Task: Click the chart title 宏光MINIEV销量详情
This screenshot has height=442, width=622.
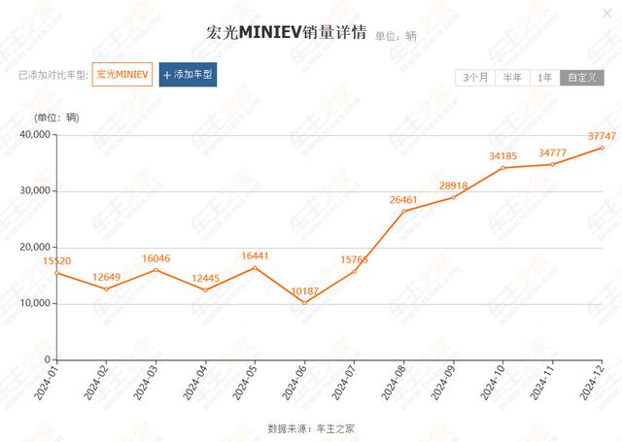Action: pos(288,34)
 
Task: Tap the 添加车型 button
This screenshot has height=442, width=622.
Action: pos(188,75)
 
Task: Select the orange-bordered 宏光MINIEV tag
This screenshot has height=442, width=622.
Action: pos(122,75)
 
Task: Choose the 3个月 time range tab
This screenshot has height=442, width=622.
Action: pos(475,78)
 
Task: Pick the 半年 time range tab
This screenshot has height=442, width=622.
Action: pos(512,78)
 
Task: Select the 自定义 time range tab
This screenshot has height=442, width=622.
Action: pos(581,78)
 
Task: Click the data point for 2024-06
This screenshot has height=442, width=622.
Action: pos(304,302)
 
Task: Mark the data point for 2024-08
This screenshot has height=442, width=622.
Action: pos(403,211)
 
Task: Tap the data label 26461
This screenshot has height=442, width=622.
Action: pos(404,200)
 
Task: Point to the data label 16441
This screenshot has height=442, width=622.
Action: pos(255,256)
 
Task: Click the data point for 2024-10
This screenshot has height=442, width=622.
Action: pos(503,168)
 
